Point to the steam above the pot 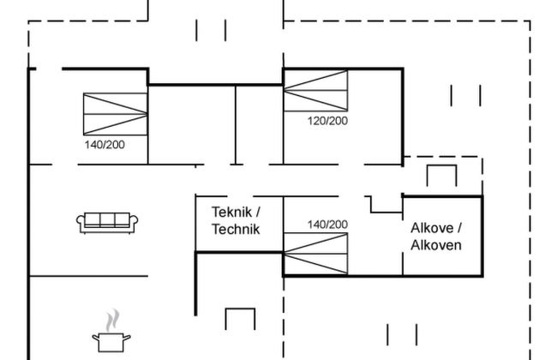(x=110, y=321)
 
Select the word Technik (x=235, y=229)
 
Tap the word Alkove (x=433, y=228)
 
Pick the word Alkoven (x=436, y=245)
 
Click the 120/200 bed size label (x=327, y=121)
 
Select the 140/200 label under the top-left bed (x=105, y=145)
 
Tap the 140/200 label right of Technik (x=327, y=225)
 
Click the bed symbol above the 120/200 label (x=316, y=91)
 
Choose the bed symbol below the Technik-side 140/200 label (x=315, y=254)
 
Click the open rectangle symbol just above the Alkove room (x=442, y=173)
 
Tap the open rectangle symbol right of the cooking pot (x=240, y=319)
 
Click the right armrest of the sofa (x=135, y=223)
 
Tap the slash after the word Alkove (x=459, y=228)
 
